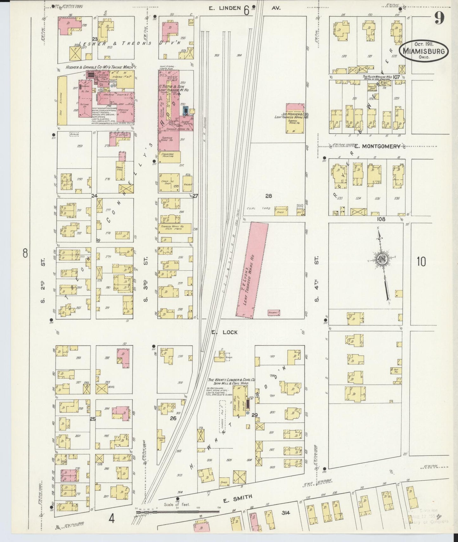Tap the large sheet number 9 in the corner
[x=439, y=18]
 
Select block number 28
[x=268, y=196]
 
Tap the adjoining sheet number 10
[x=421, y=262]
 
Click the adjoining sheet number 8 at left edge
[x=25, y=253]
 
